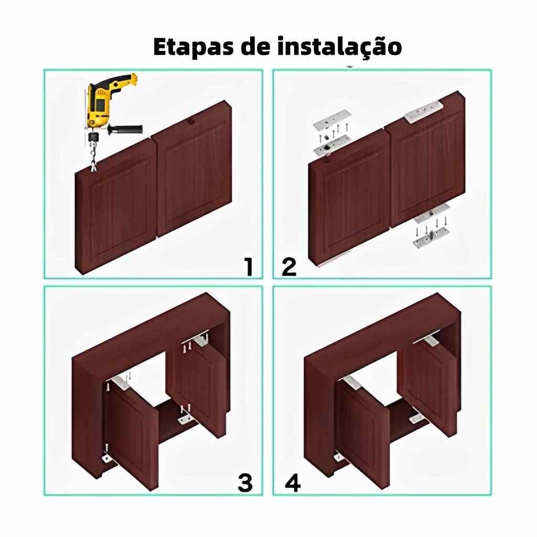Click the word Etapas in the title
pos(194,47)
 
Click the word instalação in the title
pos(339,46)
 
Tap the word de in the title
pos(255,46)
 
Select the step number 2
pos(289,267)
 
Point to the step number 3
pos(245,483)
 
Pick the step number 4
pos(293,483)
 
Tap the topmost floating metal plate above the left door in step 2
pos(332,120)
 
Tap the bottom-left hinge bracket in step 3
pos(108,457)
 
